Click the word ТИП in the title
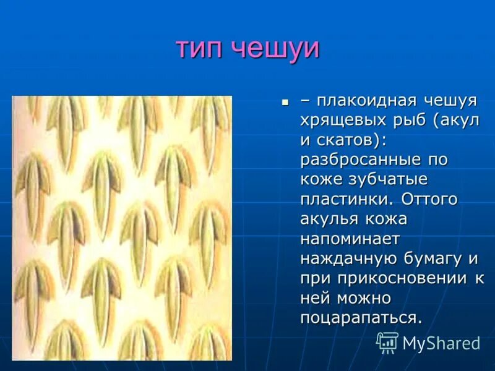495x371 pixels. pos(200,48)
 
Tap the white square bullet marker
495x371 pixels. pos(285,100)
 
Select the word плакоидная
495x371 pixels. pos(364,100)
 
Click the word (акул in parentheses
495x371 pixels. pos(458,120)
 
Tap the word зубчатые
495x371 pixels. pos(392,179)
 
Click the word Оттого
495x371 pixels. pos(429,199)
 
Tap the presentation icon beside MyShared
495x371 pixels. pos(388,343)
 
